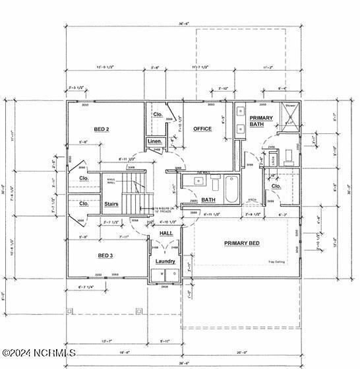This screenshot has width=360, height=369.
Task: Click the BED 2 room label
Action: tap(101, 129)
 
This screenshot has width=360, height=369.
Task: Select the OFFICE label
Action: tap(202, 129)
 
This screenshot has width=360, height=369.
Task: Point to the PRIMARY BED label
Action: tap(241, 244)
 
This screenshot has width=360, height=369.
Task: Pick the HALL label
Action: tap(166, 233)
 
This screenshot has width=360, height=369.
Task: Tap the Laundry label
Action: tap(165, 261)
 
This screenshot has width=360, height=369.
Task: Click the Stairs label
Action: tap(111, 204)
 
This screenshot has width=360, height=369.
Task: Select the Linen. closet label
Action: tap(154, 141)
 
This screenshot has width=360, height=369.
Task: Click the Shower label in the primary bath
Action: tap(290, 106)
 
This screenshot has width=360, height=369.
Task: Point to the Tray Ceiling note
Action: tap(277, 263)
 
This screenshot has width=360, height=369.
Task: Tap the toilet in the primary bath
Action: tap(288, 157)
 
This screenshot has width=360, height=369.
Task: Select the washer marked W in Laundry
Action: tap(160, 273)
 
